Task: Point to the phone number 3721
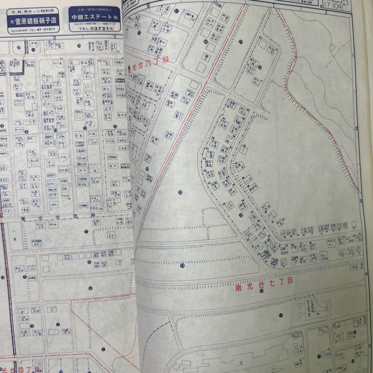point(97,29)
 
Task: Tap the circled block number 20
point(180,192)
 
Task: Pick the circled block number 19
point(182,266)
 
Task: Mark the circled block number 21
point(240,42)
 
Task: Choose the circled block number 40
point(205,42)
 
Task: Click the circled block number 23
point(241,214)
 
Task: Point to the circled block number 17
point(281,315)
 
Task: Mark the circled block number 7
point(86,231)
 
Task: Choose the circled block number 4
point(90,288)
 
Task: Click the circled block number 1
point(103,349)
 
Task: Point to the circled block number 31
point(176,11)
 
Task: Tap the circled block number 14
point(79,46)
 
